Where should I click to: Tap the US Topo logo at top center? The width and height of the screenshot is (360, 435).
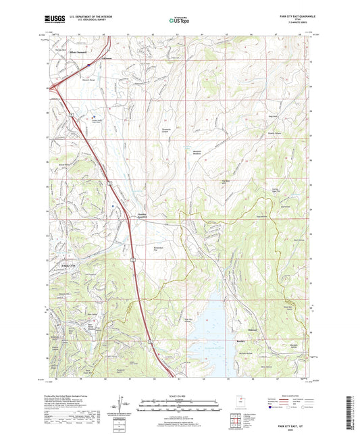pyautogui.click(x=179, y=20)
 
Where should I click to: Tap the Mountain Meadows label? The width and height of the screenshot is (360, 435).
pyautogui.click(x=193, y=152)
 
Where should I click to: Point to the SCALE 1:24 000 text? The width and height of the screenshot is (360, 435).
pyautogui.click(x=180, y=395)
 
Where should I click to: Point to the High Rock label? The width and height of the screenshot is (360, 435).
pyautogui.click(x=275, y=117)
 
